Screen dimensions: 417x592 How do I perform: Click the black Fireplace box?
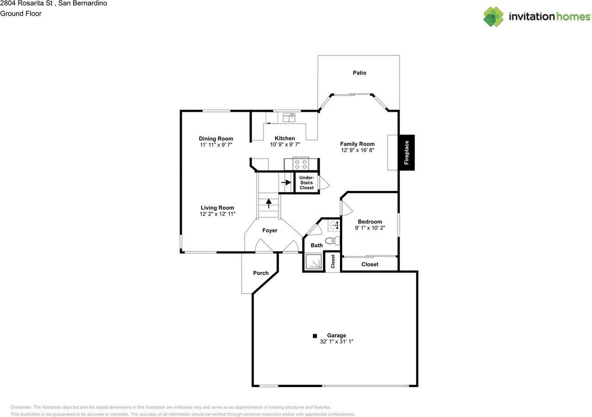point(407,153)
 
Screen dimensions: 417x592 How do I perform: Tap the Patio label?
point(359,73)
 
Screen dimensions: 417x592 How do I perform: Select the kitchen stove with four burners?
point(301,163)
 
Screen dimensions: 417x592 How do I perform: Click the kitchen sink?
point(289,118)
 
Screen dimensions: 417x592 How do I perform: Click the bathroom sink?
point(334,226)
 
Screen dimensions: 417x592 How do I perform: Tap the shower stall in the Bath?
point(313,262)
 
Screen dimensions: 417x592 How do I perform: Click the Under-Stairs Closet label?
point(306,183)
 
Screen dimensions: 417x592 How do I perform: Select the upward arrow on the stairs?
point(268,203)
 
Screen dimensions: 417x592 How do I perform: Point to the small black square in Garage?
point(314,336)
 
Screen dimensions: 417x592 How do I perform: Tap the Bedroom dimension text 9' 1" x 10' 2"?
point(370,228)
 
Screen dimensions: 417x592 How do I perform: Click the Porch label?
point(261,273)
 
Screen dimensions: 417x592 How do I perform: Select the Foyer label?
point(270,231)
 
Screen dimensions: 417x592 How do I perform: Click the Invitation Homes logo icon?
point(493,17)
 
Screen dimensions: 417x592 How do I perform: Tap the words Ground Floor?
point(21,14)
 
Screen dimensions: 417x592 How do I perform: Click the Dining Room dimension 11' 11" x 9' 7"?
point(216,145)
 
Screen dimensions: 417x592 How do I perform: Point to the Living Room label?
point(217,208)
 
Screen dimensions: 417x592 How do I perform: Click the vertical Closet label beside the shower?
point(333,262)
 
